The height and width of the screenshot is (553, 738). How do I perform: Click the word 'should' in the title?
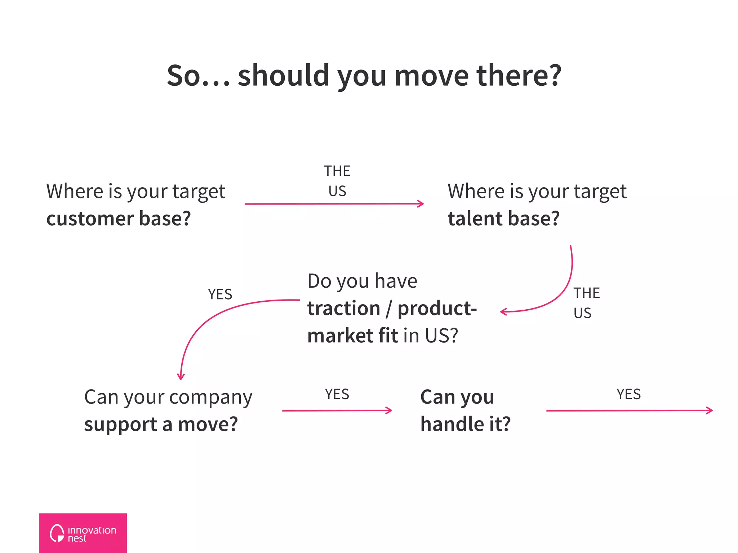click(283, 76)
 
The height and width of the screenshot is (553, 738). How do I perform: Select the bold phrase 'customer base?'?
click(119, 219)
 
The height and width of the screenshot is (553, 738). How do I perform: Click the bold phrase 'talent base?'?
click(503, 219)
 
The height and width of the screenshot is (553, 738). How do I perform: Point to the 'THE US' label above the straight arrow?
click(337, 181)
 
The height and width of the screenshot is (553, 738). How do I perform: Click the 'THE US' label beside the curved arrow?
click(586, 303)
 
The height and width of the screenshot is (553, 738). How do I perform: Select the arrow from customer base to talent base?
click(334, 204)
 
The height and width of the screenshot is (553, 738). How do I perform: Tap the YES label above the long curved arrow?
click(220, 295)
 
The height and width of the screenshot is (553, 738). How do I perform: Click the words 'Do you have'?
click(362, 281)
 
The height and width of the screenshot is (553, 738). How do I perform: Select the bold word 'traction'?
click(343, 309)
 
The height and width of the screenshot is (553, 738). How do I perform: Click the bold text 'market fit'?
click(352, 336)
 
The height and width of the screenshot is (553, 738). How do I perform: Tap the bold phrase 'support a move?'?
click(161, 424)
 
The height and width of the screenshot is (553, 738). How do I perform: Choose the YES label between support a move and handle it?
click(337, 395)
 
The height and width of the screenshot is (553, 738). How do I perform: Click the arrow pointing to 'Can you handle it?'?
click(337, 410)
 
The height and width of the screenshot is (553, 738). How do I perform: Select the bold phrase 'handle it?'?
click(466, 424)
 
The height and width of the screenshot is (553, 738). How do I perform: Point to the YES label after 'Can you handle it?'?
click(628, 395)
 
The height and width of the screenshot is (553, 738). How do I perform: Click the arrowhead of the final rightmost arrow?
click(710, 410)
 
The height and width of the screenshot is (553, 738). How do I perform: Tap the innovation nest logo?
click(83, 533)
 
